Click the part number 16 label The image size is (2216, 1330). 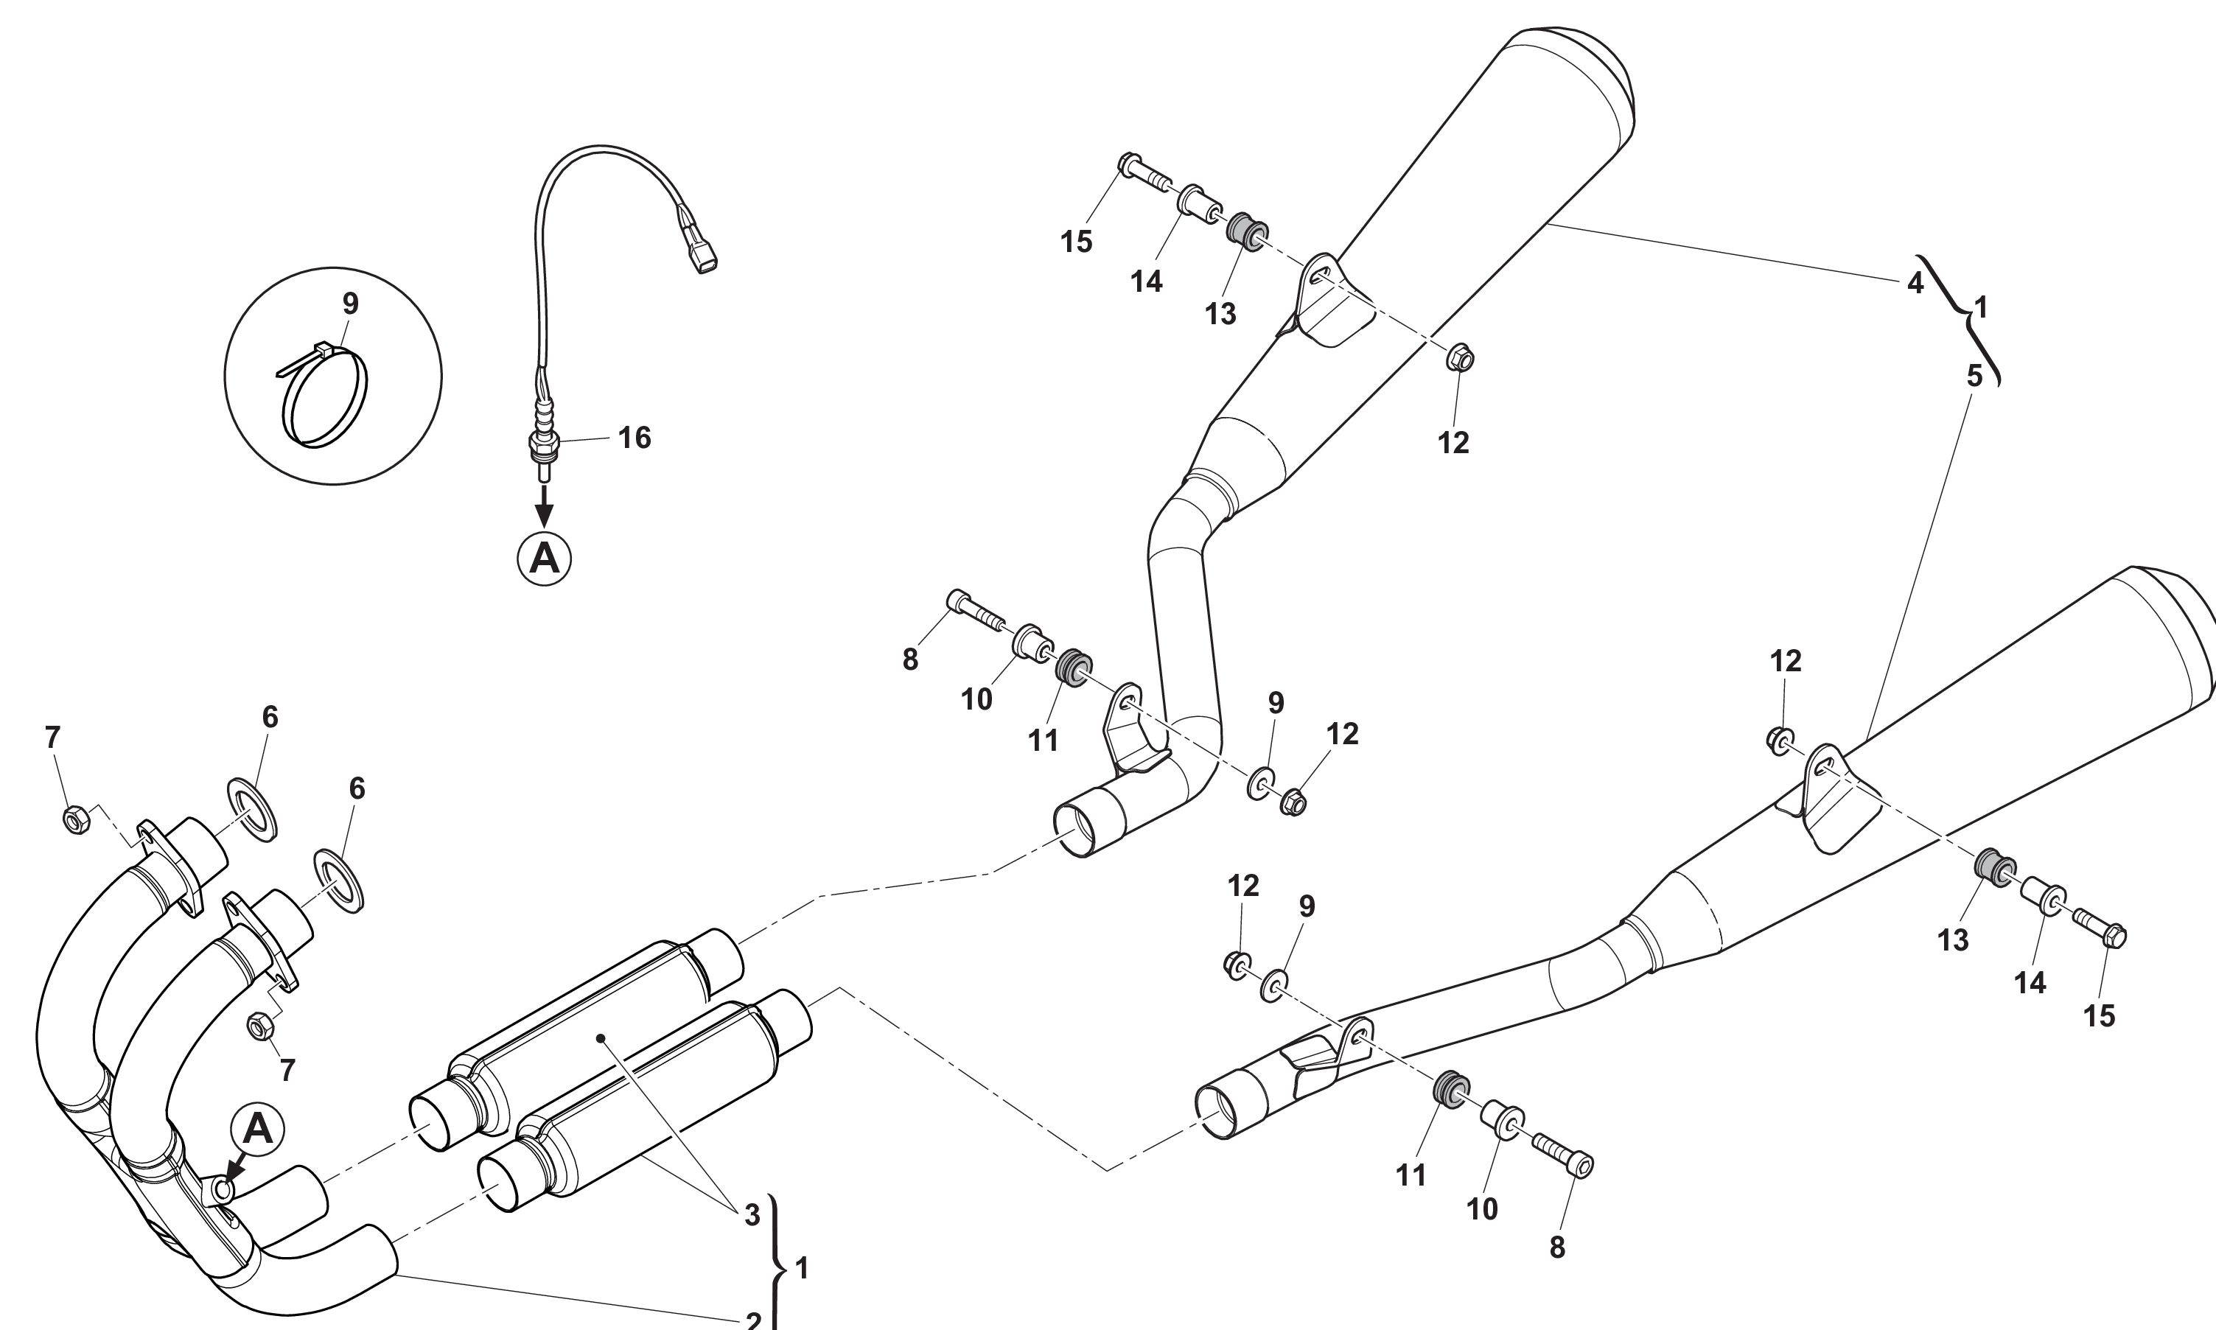pyautogui.click(x=635, y=438)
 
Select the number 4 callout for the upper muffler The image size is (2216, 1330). pyautogui.click(x=1915, y=283)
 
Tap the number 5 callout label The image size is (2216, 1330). pyautogui.click(x=1975, y=377)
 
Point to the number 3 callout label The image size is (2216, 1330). pyautogui.click(x=752, y=1215)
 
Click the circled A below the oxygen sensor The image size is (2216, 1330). pyautogui.click(x=545, y=559)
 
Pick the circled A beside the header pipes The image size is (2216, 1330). pyautogui.click(x=258, y=1130)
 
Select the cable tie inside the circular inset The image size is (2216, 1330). pyautogui.click(x=324, y=395)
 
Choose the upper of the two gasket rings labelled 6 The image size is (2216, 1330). pyautogui.click(x=254, y=808)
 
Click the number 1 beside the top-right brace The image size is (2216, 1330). pyautogui.click(x=1981, y=308)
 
